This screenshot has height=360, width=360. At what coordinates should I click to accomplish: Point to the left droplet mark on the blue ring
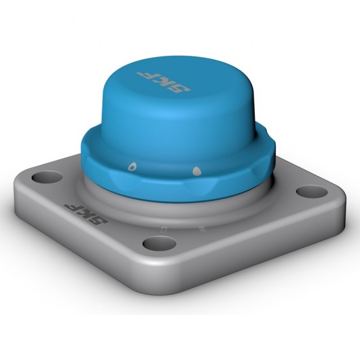(x=132, y=165)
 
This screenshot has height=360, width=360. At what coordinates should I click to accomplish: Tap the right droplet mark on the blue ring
(x=196, y=170)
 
